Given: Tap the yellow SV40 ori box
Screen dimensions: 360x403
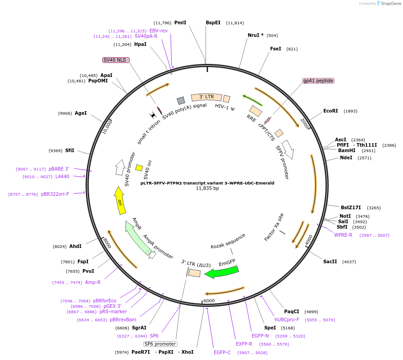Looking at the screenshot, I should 139,168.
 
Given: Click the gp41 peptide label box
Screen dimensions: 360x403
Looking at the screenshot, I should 318,81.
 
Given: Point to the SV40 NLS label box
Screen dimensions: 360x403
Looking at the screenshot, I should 116,60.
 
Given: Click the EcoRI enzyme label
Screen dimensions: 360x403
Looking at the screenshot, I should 331,111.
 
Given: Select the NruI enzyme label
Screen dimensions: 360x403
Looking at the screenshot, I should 255,35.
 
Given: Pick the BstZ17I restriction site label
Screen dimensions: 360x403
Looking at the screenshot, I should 351,207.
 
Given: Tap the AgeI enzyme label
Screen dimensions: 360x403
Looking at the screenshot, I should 81,113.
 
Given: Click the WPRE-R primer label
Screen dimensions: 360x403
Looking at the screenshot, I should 343,235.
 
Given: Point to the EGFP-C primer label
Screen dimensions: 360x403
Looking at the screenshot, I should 222,352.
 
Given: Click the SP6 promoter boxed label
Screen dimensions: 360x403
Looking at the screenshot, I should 160,344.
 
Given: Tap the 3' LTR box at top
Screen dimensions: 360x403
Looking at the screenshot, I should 207,97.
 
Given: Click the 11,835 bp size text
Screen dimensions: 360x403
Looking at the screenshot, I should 207,189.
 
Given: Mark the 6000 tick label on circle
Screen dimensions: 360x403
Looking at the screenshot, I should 209,301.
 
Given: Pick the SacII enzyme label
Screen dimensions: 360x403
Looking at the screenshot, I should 330,261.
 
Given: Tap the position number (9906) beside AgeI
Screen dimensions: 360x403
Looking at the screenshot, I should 65,113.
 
